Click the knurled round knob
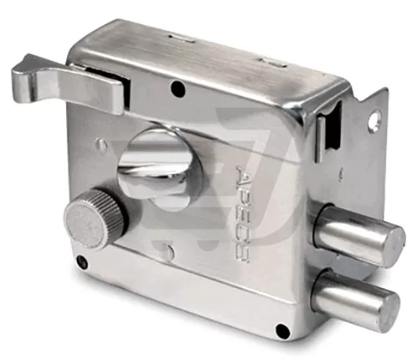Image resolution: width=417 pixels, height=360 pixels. [94, 218]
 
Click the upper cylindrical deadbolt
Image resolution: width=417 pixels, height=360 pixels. [359, 235]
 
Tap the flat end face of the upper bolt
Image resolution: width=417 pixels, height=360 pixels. [390, 244]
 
